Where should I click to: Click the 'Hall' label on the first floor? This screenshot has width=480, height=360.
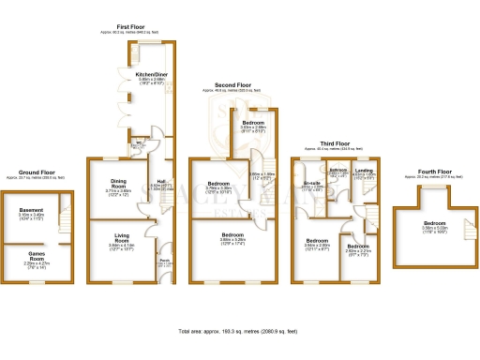[x=162, y=182]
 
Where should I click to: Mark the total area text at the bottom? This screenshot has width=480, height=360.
[x=239, y=332]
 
